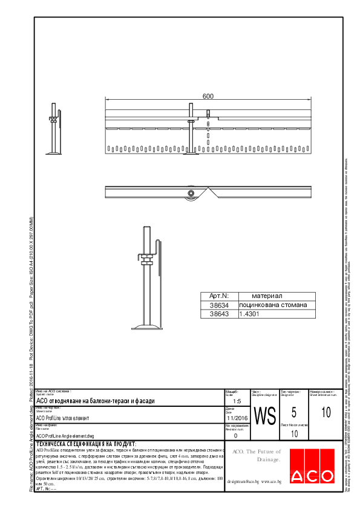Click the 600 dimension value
[x=208, y=97]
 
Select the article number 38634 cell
[x=219, y=305]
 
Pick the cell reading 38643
[x=219, y=314]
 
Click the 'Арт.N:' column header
[x=219, y=296]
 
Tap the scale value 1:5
[x=237, y=401]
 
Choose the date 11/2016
[x=237, y=418]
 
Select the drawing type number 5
[x=293, y=413]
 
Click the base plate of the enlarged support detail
[x=148, y=327]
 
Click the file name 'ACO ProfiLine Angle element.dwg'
[x=66, y=435]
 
